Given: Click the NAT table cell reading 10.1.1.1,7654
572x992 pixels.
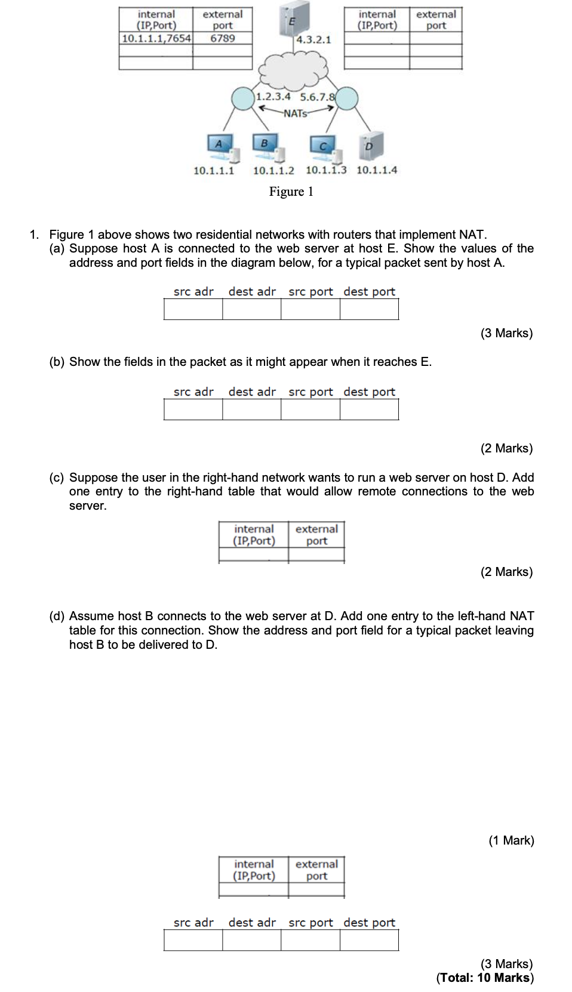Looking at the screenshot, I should point(156,38).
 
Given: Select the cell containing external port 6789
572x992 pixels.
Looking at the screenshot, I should point(222,38).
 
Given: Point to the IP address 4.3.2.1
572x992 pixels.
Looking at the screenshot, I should point(313,39).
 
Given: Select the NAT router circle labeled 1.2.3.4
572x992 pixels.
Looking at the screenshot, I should point(243,98).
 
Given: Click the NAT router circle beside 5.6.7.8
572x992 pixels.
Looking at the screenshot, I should point(347,98).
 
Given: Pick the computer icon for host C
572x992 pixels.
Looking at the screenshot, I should point(325,147).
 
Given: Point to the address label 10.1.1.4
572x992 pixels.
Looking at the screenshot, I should point(377,170).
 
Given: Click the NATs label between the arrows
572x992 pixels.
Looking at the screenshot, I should point(295,113).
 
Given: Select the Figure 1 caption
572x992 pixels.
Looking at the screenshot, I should point(291,192).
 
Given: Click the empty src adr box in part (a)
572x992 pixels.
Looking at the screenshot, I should point(193,309).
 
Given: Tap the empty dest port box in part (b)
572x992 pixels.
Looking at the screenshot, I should point(369,409).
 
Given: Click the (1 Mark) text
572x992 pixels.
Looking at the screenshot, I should point(511,840).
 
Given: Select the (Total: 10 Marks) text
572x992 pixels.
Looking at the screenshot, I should point(485,978).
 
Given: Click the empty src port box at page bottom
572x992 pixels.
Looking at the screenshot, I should point(310,940).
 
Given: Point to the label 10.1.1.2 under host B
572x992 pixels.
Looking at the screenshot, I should point(273,171).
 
